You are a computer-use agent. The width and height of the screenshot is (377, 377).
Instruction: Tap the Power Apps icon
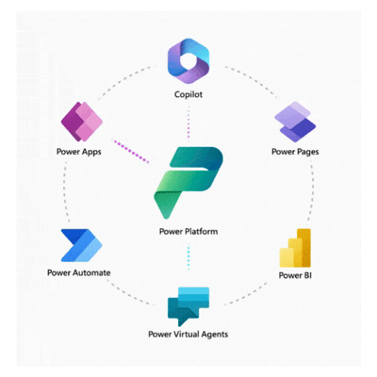pos(80,122)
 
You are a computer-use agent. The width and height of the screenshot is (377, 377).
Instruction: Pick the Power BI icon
pos(295,247)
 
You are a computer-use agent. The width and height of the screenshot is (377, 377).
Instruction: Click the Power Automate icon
pos(79,245)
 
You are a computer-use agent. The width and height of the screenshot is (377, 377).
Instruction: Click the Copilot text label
pos(188,96)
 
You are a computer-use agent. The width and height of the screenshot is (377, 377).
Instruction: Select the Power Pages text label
pos(295,151)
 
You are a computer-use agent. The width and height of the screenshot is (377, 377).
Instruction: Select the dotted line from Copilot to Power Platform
pos(188,121)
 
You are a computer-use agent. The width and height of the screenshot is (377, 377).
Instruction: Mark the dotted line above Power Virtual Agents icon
pos(188,255)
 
